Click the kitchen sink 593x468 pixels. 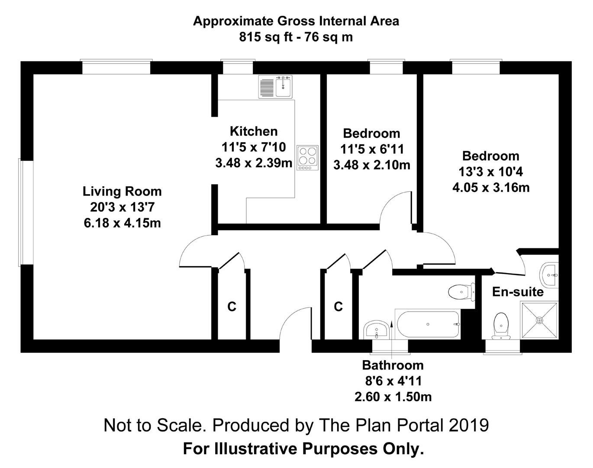coord(275,87)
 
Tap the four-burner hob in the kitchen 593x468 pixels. coord(307,158)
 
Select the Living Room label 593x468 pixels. coord(122,192)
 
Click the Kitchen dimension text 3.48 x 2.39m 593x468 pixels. coord(254,163)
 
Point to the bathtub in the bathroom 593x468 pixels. coord(428,324)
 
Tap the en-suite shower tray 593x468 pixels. coord(539,320)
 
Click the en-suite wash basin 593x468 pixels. coord(549,275)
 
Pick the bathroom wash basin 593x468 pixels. coord(376,330)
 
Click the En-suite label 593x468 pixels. coord(518,292)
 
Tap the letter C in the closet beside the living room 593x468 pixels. coord(232,306)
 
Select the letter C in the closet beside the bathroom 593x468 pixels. coord(338,306)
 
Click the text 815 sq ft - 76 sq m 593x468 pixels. coord(296,37)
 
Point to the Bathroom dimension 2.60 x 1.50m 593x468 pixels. coord(393,397)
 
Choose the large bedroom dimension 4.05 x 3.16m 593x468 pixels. coord(491,188)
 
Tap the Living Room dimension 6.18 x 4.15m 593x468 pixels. coord(122,223)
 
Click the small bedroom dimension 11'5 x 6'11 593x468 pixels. coord(372,149)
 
